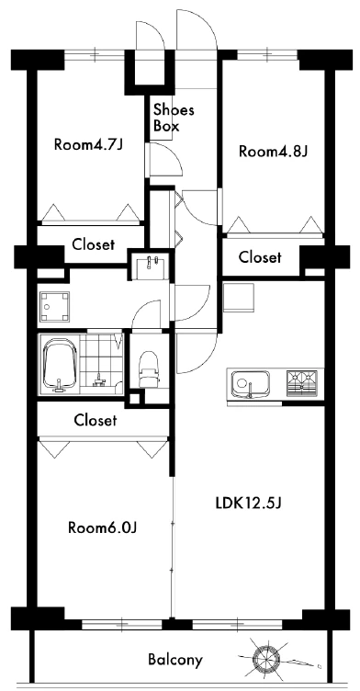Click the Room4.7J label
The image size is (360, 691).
coord(87,144)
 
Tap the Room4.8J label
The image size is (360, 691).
coord(273,152)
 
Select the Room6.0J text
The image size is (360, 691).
coord(104,527)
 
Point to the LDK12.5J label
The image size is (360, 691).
coord(248,503)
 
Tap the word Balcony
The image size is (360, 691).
coord(175,660)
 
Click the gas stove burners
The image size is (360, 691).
coord(302,381)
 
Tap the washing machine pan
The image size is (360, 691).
coord(54,306)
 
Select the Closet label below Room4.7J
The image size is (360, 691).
coord(94,244)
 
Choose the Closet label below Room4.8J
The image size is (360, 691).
coord(260,257)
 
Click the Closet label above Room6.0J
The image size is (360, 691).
coord(96,420)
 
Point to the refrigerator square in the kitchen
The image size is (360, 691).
coord(239,298)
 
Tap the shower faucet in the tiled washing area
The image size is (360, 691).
coord(99,379)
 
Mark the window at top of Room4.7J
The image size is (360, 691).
coord(95,55)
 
